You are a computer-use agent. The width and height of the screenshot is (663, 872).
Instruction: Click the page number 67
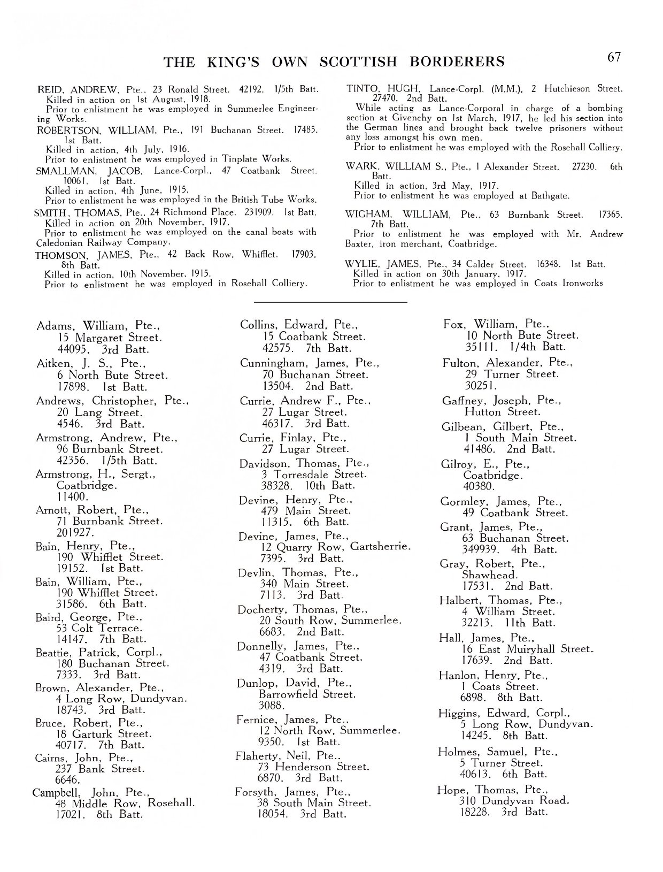coord(614,57)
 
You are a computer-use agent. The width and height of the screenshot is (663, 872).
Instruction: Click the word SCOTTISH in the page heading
coord(359,62)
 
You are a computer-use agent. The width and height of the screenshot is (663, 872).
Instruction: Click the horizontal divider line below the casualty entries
coord(330,303)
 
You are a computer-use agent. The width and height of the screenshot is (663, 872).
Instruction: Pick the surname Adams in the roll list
coord(53,326)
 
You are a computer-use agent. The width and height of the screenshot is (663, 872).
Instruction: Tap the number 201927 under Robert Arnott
coord(75,533)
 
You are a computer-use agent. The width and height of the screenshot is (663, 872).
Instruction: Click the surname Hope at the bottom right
coord(453,790)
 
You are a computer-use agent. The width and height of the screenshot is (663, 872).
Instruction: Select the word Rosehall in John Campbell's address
coord(171,803)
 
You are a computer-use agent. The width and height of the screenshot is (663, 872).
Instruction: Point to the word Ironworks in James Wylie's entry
coord(582,284)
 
